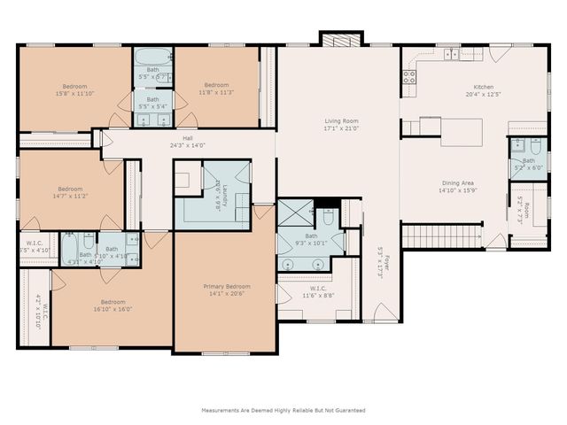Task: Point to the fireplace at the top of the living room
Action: (341, 40)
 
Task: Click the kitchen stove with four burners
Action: (409, 77)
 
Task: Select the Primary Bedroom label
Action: (226, 286)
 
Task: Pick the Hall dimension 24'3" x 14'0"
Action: (188, 145)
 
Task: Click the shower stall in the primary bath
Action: (295, 212)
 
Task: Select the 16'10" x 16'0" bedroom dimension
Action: (112, 309)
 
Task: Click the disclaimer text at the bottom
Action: (283, 410)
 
